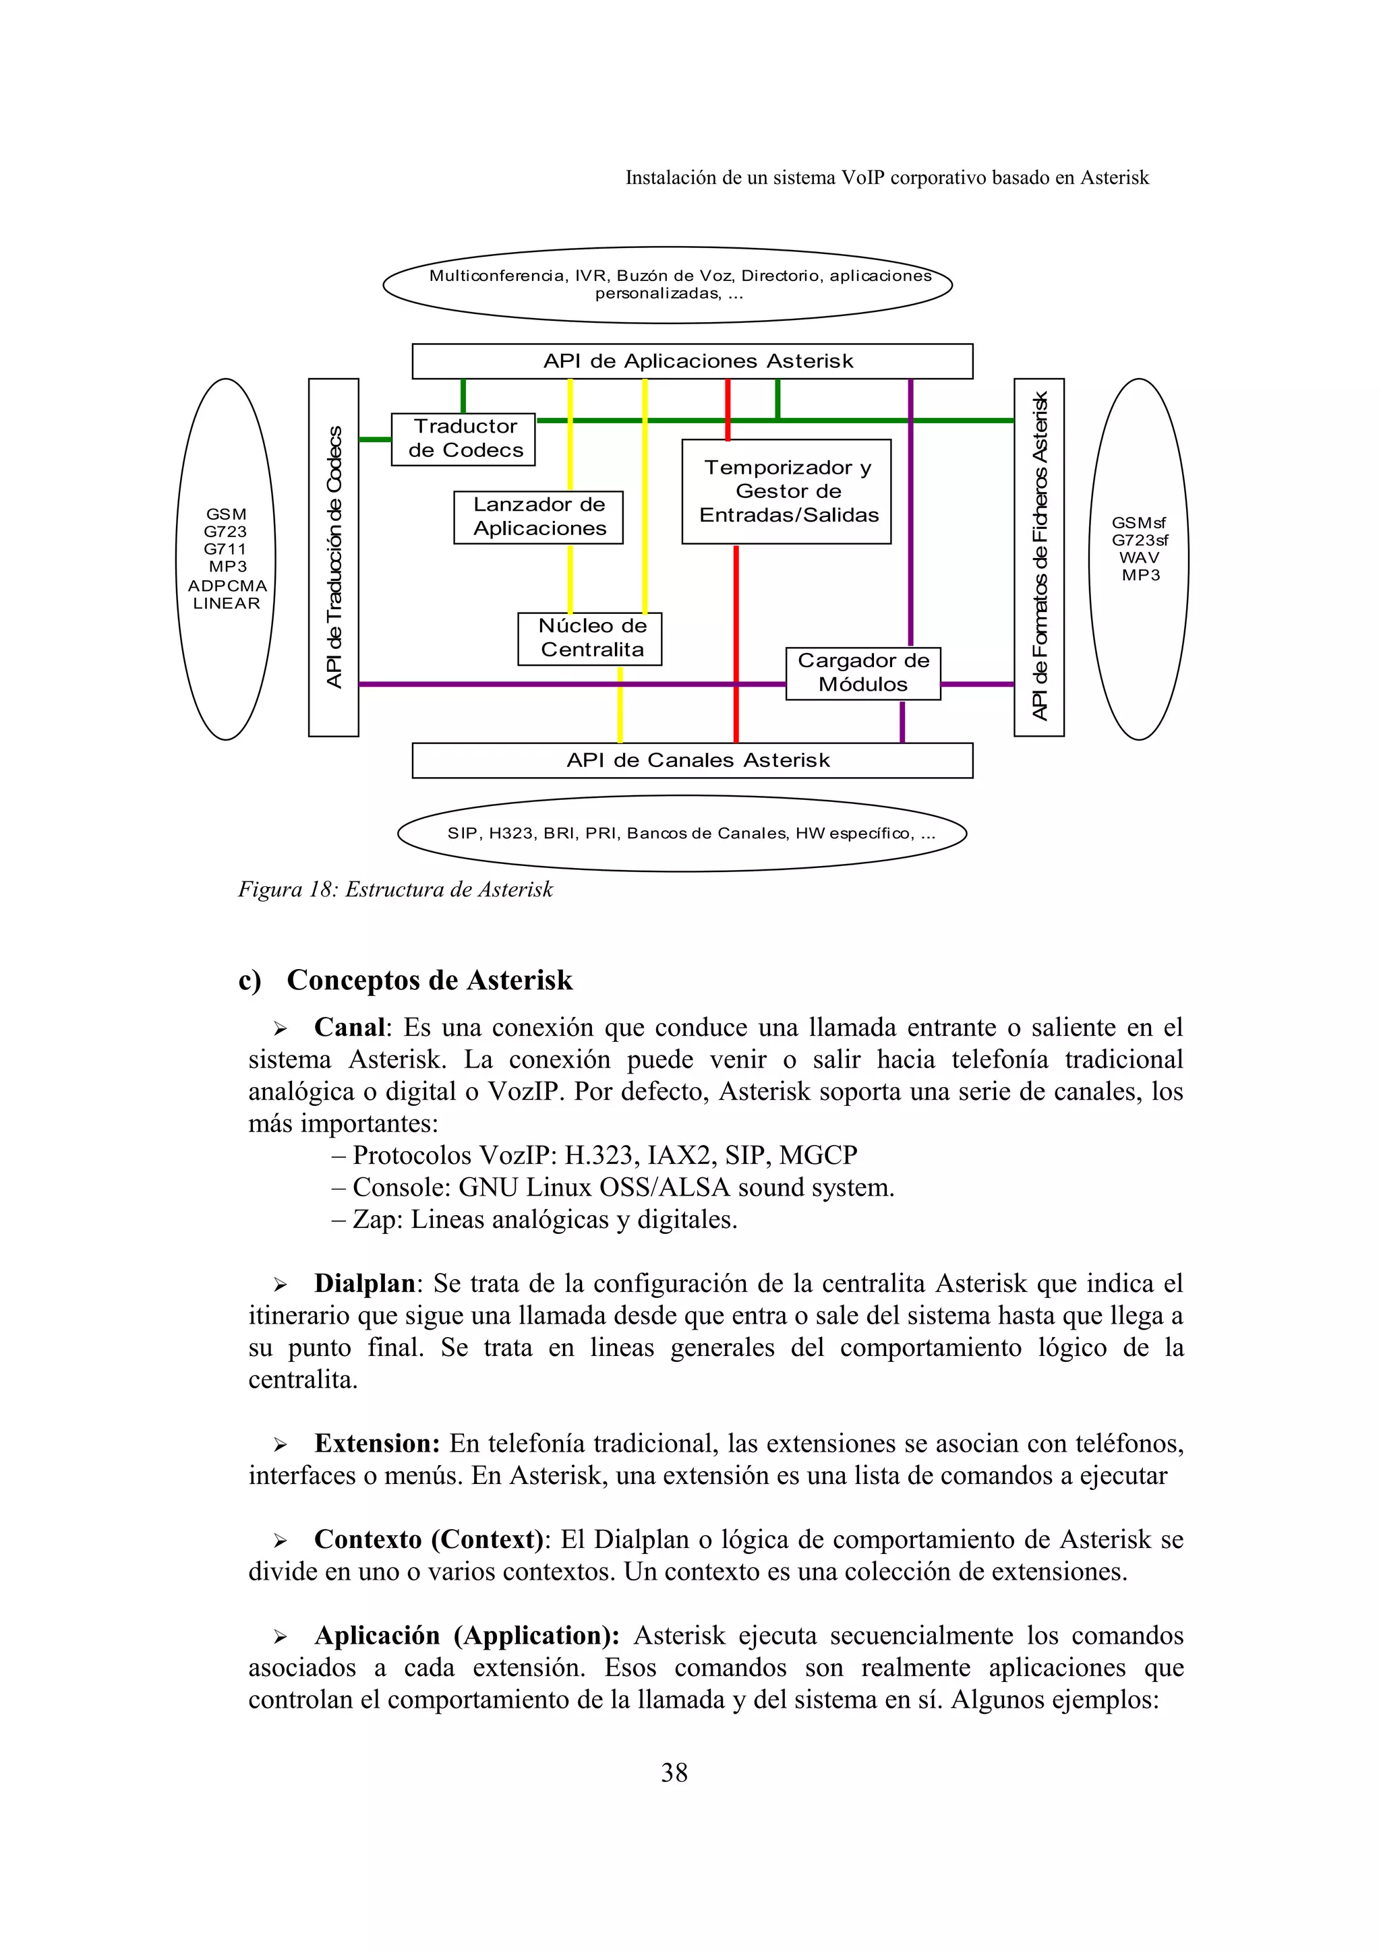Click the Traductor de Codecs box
click(464, 439)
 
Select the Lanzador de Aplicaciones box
click(539, 517)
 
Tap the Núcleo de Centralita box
click(589, 639)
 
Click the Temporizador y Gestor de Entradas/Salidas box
click(787, 492)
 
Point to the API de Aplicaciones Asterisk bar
click(693, 361)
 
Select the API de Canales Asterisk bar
click(693, 760)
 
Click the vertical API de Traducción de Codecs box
click(334, 557)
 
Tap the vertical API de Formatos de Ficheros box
click(1039, 557)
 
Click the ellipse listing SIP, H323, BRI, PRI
click(682, 834)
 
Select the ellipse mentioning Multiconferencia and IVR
click(668, 285)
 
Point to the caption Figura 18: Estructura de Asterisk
click(396, 890)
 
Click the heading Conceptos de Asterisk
click(429, 980)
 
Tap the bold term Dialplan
click(364, 1284)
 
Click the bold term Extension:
click(377, 1444)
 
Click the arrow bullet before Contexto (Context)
click(280, 1541)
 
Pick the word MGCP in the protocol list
click(818, 1156)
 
